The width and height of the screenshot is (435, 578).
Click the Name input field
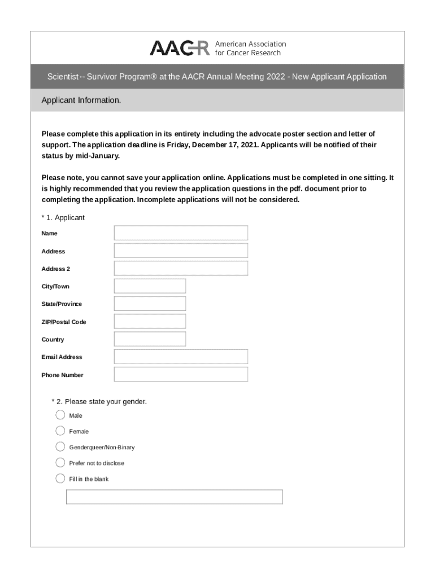tap(181, 233)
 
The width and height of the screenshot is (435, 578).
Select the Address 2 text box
tap(181, 269)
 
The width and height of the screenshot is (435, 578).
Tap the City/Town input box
tap(150, 286)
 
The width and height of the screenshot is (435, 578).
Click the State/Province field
tap(150, 304)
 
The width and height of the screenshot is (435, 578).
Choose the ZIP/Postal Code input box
tap(150, 322)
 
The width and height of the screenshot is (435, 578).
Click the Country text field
tap(150, 339)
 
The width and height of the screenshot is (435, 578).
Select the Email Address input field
tap(181, 357)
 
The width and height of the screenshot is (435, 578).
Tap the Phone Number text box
tap(181, 375)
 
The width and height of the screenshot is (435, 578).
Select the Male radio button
tap(60, 415)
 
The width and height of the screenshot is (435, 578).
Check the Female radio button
tap(60, 431)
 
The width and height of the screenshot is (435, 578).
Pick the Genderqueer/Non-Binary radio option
tap(60, 447)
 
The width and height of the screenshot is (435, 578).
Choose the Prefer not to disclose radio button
tap(60, 463)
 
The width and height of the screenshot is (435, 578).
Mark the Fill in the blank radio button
tap(60, 479)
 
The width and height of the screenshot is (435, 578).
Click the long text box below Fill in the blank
tap(174, 497)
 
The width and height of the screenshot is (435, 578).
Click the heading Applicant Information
tap(81, 100)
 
